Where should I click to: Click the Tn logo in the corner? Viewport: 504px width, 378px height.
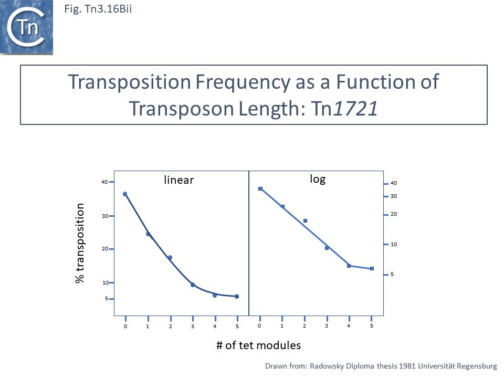[x=26, y=27]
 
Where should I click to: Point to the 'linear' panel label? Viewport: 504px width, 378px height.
[x=179, y=180]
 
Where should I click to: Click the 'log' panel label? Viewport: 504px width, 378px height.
[x=318, y=179]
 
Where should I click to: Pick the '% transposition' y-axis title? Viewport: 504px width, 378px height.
[x=80, y=244]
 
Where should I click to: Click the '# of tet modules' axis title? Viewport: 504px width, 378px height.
[x=258, y=345]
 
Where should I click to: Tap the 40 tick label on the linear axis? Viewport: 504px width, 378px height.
[x=104, y=182]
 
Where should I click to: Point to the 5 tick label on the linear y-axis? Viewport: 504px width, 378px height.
[x=106, y=299]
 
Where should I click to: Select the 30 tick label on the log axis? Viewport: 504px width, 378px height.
[x=393, y=196]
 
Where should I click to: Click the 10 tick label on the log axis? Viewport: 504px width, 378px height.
[x=393, y=245]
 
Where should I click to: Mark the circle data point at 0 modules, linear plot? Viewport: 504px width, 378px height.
[x=125, y=194]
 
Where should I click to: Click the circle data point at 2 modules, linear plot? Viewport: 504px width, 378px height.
[x=170, y=258]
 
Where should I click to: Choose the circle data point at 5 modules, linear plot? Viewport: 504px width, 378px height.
[x=237, y=297]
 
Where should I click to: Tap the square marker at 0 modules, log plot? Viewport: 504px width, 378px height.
[x=260, y=188]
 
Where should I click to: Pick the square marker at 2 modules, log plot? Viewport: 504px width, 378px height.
[x=305, y=221]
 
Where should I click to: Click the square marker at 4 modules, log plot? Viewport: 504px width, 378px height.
[x=349, y=266]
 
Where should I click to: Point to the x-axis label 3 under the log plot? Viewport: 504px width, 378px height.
[x=327, y=326]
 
